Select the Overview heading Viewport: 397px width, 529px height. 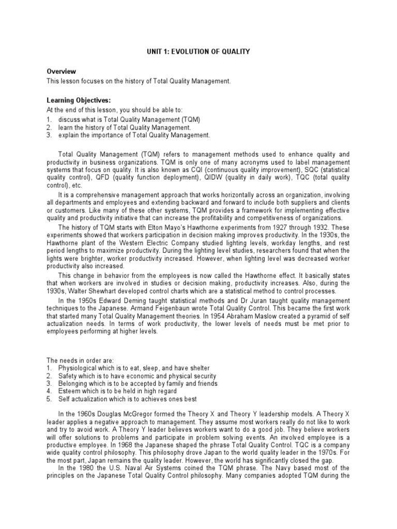(62, 71)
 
